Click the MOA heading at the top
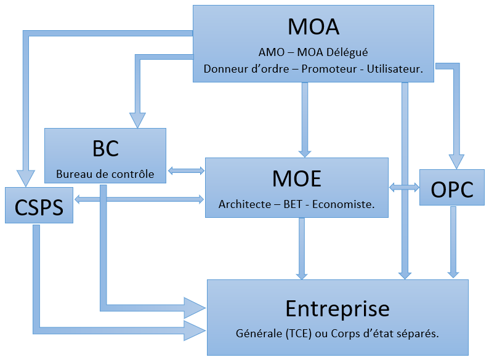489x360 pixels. click(x=313, y=27)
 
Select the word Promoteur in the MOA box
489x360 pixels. click(x=330, y=70)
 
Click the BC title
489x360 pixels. click(x=105, y=148)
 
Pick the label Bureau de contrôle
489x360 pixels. click(x=105, y=174)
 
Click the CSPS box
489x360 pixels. click(x=38, y=206)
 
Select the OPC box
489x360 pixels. click(x=452, y=190)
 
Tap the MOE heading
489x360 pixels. click(x=296, y=178)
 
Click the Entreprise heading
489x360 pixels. click(x=337, y=308)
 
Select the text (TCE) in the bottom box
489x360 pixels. click(x=301, y=334)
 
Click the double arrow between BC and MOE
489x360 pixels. click(x=185, y=169)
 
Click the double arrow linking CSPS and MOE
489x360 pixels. click(x=139, y=199)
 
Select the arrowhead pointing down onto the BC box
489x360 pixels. click(x=137, y=120)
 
